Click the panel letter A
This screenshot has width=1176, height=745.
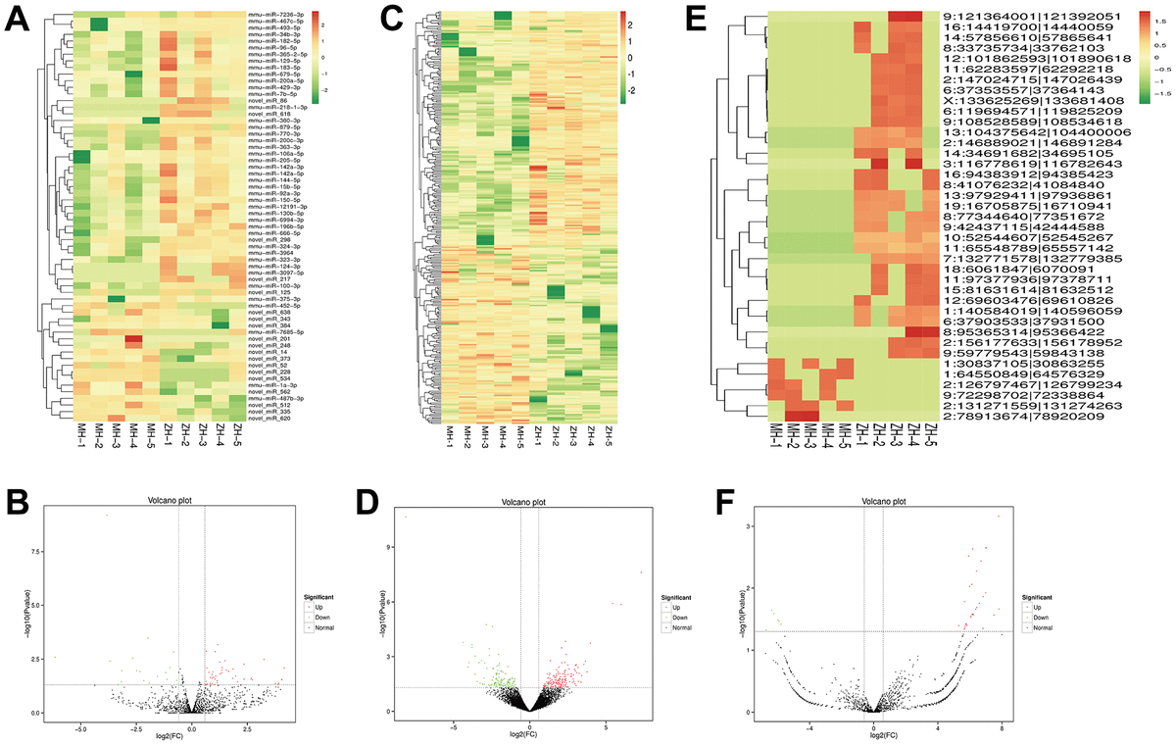(x=18, y=20)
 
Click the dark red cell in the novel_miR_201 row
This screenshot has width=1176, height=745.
(x=132, y=340)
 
